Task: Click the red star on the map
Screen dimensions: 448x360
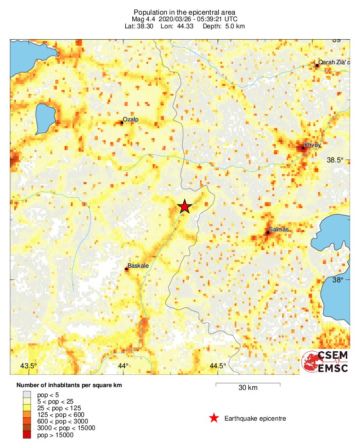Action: pos(184,206)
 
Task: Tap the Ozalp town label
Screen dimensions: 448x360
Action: pos(130,119)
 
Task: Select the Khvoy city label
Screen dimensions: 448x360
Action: pos(313,145)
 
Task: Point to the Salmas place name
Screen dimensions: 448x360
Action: pos(279,229)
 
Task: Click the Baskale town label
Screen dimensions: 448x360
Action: pos(138,266)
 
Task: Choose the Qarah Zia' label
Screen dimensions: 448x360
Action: pos(334,62)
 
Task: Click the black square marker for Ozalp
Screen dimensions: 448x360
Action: pos(122,123)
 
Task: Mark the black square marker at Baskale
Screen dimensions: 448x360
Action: pos(127,269)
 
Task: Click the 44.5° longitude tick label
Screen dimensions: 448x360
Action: pos(218,366)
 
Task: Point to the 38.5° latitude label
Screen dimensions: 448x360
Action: pos(336,161)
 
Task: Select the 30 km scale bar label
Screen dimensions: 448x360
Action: pos(248,388)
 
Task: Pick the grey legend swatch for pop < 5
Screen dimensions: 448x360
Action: pos(27,394)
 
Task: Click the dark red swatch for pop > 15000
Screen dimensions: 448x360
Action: pos(27,435)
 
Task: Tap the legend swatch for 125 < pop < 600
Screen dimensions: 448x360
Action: pos(27,414)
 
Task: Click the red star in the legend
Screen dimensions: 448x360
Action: pos(214,418)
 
